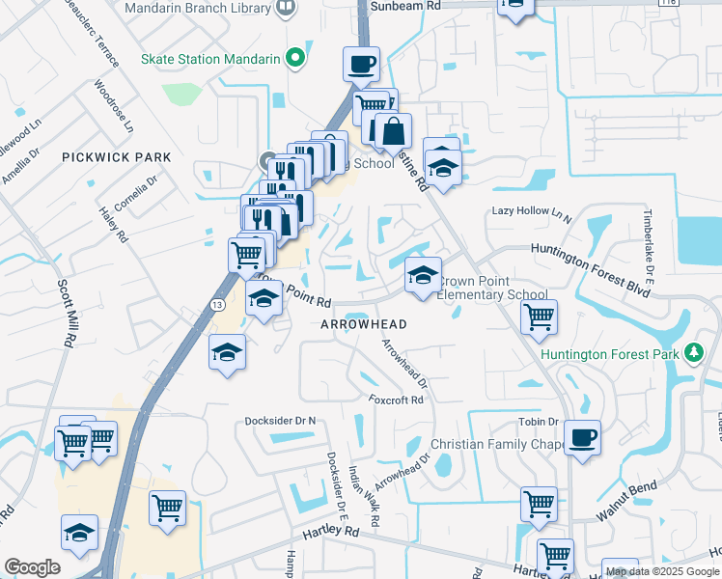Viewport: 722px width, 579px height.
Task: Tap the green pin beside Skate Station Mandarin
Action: point(296,59)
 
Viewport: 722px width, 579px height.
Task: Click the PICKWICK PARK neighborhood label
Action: point(116,157)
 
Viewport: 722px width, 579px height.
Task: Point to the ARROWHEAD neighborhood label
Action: point(364,324)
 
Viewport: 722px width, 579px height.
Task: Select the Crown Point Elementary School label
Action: point(492,289)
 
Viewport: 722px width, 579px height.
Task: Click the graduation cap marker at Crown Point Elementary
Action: point(422,275)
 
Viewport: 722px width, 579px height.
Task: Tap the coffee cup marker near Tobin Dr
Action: point(582,437)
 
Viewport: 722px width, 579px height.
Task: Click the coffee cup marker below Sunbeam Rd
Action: point(361,64)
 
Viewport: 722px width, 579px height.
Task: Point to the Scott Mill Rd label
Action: point(67,315)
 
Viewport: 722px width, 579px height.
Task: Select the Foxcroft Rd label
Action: point(396,400)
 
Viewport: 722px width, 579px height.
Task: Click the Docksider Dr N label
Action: point(281,421)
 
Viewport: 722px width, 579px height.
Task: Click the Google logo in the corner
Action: point(33,566)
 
